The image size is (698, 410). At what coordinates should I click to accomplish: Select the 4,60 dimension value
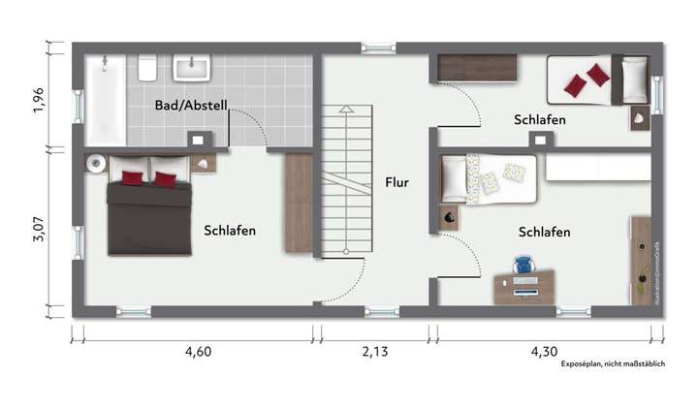[x=198, y=352]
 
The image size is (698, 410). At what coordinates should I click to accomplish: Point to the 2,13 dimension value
[x=374, y=352]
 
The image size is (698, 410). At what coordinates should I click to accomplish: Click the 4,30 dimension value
[x=545, y=352]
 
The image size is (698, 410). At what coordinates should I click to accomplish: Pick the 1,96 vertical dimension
[x=38, y=100]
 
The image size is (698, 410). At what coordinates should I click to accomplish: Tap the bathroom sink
[x=194, y=68]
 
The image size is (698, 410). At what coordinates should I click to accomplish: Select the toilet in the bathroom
[x=148, y=68]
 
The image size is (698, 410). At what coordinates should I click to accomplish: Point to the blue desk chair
[x=523, y=265]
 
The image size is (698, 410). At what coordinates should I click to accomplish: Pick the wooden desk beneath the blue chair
[x=523, y=287]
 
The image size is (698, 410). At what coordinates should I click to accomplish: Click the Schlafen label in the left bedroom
[x=230, y=231]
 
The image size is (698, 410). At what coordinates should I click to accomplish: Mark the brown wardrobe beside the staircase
[x=299, y=204]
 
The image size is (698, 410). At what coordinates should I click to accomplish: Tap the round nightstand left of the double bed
[x=95, y=163]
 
